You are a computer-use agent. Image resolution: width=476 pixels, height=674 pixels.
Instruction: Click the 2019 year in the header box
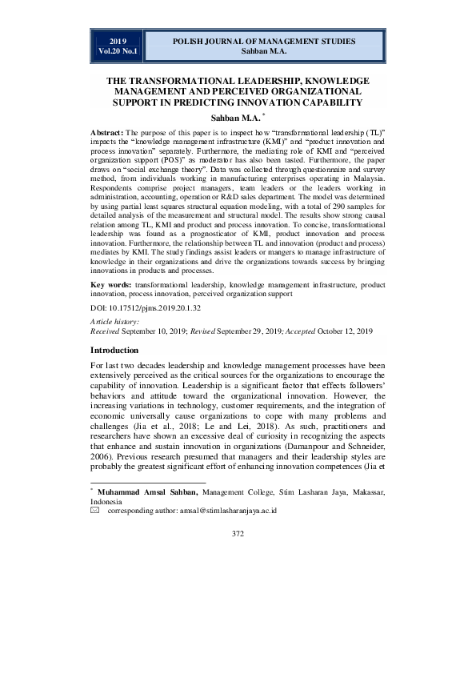click(x=118, y=40)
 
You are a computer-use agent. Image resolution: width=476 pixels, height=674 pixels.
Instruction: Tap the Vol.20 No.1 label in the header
click(x=118, y=51)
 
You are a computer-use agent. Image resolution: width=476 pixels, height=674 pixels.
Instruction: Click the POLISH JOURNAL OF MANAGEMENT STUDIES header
click(x=263, y=40)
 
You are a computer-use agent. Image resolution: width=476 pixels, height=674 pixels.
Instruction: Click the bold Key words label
click(x=111, y=285)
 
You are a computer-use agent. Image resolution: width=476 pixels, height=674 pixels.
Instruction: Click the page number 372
click(x=238, y=533)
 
